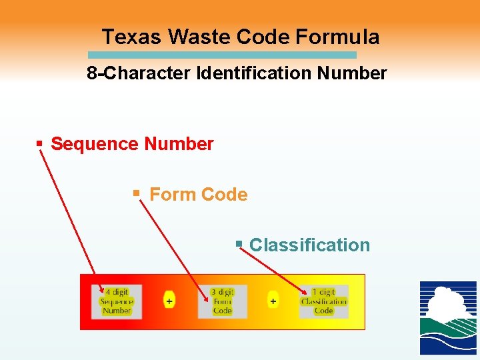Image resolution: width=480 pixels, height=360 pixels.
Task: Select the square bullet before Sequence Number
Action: click(x=39, y=143)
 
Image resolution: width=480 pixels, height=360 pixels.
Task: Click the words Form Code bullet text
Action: click(x=199, y=195)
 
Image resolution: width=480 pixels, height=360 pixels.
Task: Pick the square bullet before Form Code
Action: click(x=136, y=193)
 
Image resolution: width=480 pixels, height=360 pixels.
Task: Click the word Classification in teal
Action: click(x=309, y=245)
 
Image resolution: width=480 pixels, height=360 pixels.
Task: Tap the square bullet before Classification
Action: click(x=239, y=245)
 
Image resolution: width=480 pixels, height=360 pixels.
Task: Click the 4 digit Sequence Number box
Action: click(x=117, y=301)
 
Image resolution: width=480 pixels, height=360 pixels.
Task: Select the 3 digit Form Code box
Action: click(x=222, y=301)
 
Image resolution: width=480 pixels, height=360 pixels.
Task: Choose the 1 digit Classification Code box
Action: click(x=324, y=301)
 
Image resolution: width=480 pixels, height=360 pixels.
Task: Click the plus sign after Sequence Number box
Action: click(x=169, y=301)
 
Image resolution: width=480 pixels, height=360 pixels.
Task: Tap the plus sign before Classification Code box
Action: click(x=273, y=301)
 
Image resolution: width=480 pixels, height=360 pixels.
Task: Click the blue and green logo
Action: click(x=448, y=318)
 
